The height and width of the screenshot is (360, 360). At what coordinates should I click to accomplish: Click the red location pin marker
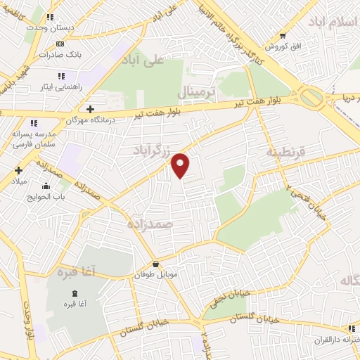coord(181,165)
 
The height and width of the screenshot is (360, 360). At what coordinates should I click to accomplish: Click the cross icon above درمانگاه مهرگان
coord(90,109)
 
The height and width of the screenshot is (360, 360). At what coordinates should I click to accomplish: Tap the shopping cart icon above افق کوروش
coord(283,35)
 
